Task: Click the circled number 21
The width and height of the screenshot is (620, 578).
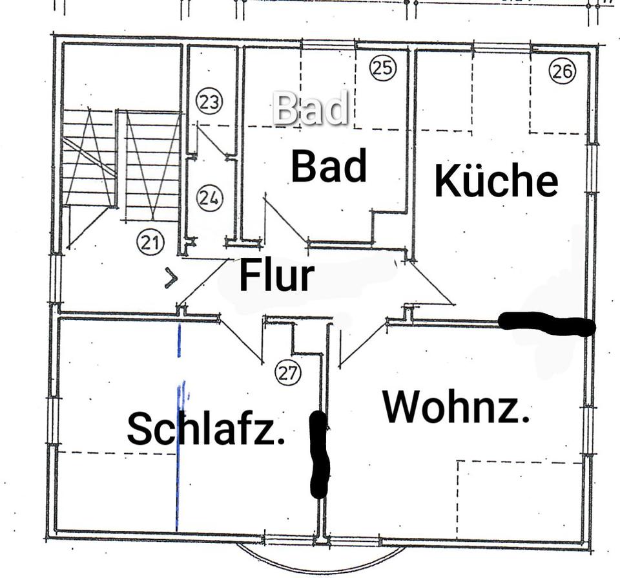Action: click(150, 243)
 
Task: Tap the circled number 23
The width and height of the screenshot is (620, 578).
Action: click(209, 102)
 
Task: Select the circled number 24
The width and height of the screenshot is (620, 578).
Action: click(209, 198)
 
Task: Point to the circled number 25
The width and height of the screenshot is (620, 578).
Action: click(382, 67)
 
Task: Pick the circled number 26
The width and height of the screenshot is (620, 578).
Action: click(562, 71)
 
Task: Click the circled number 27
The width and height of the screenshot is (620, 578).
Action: click(288, 372)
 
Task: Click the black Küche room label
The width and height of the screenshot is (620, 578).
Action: click(496, 181)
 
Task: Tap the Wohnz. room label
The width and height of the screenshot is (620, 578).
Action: click(456, 407)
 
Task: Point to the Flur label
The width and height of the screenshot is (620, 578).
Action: click(276, 277)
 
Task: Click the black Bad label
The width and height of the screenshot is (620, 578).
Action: click(329, 166)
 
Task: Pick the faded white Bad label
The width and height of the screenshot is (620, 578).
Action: click(310, 109)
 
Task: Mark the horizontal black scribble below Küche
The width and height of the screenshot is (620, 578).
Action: click(546, 323)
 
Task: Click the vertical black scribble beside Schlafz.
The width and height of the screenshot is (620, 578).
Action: click(320, 455)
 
